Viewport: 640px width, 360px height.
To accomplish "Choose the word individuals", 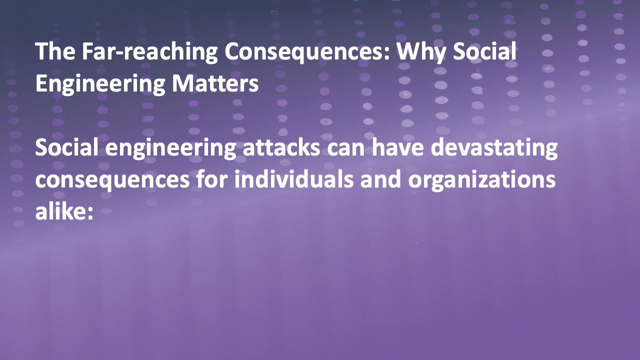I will [293, 180].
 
